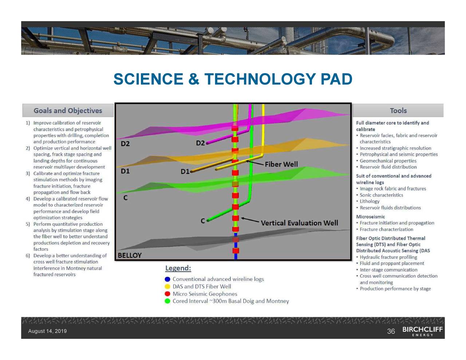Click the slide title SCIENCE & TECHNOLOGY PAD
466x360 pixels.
click(233, 79)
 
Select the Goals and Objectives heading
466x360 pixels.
click(68, 111)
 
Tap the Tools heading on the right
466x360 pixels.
click(398, 111)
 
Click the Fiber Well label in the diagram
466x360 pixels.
click(281, 164)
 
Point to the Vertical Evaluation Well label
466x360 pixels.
click(299, 223)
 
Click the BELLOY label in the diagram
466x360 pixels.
click(130, 255)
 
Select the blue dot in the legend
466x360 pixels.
click(167, 279)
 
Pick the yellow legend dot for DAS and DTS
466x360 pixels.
click(167, 286)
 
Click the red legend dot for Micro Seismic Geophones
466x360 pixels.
click(167, 294)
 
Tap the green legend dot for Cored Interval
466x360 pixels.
click(167, 301)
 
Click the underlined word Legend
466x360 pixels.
click(178, 268)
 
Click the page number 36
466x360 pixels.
click(391, 331)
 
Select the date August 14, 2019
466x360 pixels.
click(47, 331)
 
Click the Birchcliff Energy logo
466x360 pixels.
click(422, 331)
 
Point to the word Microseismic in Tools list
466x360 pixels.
click(370, 217)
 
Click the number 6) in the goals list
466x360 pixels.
click(28, 256)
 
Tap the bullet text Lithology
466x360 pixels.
click(370, 201)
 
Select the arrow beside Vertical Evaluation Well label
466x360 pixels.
click(250, 220)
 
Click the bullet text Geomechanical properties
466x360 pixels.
click(388, 161)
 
